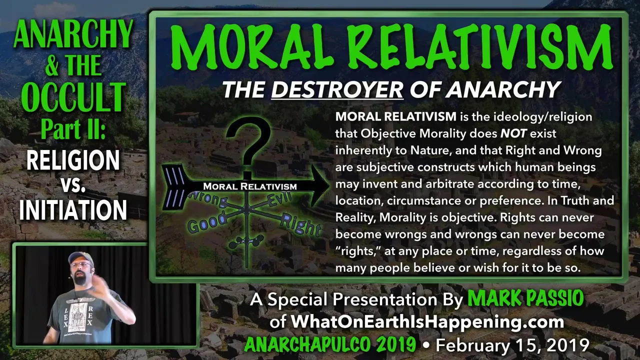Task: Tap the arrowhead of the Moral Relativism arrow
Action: point(319,185)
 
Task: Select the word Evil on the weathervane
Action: point(279,198)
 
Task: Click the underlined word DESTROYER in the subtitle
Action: point(337,89)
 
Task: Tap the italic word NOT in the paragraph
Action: point(513,133)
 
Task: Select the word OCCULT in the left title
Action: point(73,97)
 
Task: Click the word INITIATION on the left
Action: point(73,210)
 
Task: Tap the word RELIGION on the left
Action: point(73,160)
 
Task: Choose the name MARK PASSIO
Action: point(525,298)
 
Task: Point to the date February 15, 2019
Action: point(512,345)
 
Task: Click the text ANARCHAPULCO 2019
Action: point(330,344)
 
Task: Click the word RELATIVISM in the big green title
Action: point(483,47)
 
